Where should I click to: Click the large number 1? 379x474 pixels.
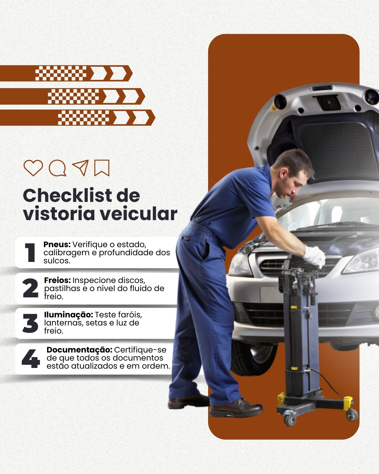(30, 253)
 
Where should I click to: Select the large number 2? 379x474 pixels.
(31, 288)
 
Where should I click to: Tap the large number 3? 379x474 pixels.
(31, 323)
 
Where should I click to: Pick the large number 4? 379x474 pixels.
(31, 358)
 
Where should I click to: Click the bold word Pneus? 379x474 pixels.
(57, 244)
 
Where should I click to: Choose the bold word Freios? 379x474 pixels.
(57, 280)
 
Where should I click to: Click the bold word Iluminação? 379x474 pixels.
(68, 315)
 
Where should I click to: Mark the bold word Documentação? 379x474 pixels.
(80, 350)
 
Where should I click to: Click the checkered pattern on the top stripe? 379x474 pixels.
(61, 73)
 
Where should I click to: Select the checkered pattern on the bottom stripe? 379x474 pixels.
(84, 118)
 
